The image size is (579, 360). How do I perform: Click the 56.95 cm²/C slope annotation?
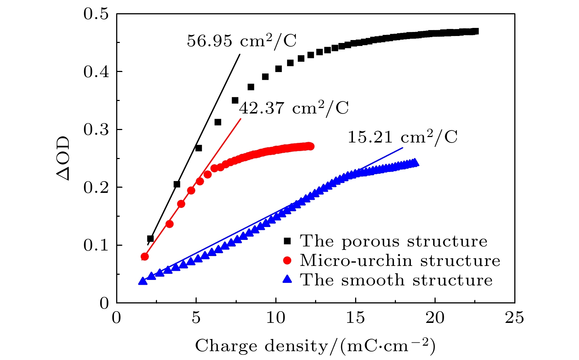pyautogui.click(x=242, y=41)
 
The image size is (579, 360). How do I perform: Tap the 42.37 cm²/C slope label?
pyautogui.click(x=294, y=108)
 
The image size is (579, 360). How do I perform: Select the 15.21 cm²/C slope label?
pyautogui.click(x=403, y=137)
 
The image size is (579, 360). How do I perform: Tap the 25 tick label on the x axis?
pyautogui.click(x=514, y=318)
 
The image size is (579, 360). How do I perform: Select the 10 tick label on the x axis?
pyautogui.click(x=276, y=318)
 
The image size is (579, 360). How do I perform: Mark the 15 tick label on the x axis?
pyautogui.click(x=355, y=318)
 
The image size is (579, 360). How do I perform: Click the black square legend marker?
pyautogui.click(x=287, y=241)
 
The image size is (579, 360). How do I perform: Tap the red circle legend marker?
pyautogui.click(x=287, y=260)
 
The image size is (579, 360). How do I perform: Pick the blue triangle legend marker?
pyautogui.click(x=287, y=280)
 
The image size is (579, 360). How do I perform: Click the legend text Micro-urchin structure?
pyautogui.click(x=400, y=260)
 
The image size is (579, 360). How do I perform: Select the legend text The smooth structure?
pyautogui.click(x=396, y=280)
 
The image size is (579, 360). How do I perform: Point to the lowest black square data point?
pyautogui.click(x=150, y=239)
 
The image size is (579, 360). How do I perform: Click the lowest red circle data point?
pyautogui.click(x=145, y=256)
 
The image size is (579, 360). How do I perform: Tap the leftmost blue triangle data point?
pyautogui.click(x=143, y=281)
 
